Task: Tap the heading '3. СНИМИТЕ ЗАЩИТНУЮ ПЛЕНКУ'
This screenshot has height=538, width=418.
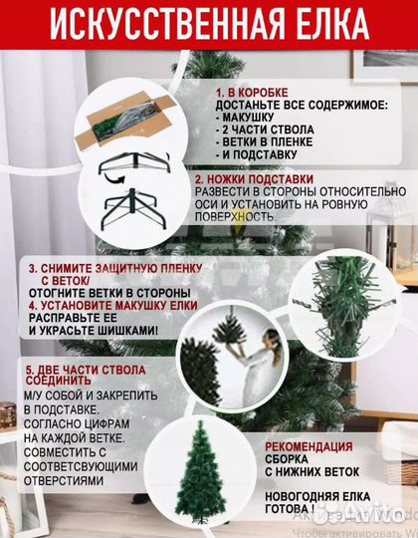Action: (x=114, y=269)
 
